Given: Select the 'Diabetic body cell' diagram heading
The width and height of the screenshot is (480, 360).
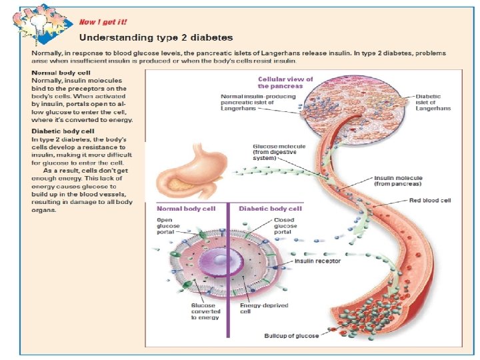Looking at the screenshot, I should click(x=270, y=209).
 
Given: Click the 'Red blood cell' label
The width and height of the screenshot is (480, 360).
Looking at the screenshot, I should click(x=430, y=200).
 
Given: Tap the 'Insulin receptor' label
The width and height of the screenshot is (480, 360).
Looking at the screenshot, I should click(x=317, y=261).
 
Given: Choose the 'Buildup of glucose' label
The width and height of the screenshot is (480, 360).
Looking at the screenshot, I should click(x=291, y=335).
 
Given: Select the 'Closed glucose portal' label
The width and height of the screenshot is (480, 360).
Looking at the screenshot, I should click(x=286, y=227).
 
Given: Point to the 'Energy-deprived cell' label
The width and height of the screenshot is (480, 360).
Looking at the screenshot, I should click(x=255, y=309).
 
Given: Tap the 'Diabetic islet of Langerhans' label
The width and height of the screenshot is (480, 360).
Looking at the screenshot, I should click(x=433, y=102).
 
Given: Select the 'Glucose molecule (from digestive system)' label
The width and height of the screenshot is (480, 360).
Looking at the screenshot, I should click(x=275, y=152).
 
